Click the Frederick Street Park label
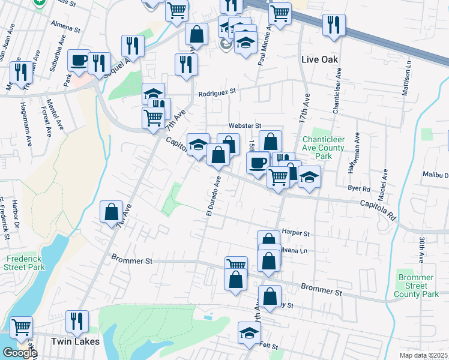[x=25, y=262]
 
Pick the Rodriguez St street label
[x=218, y=92]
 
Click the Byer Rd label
[x=359, y=188]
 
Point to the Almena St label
[x=66, y=28]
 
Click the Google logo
[x=19, y=353]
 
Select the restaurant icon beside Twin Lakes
[x=77, y=322]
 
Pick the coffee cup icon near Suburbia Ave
[x=79, y=60]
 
